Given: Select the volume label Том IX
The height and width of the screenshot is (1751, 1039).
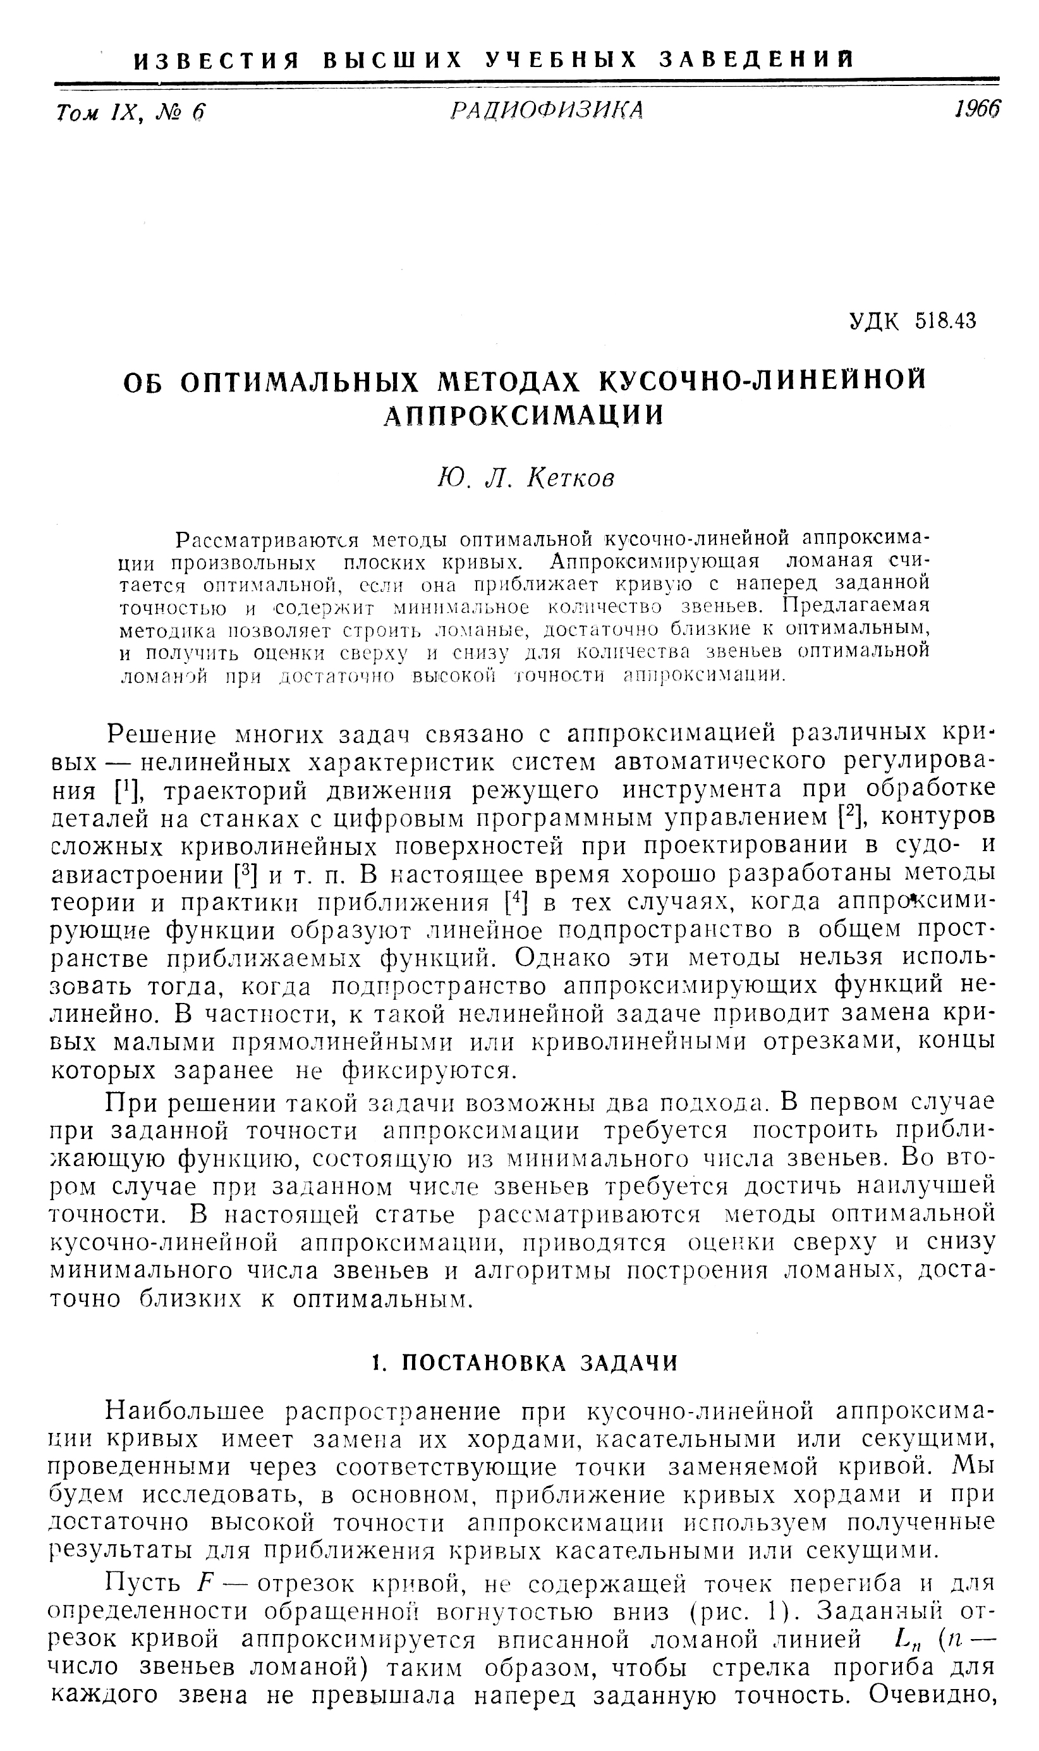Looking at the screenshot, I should tap(99, 112).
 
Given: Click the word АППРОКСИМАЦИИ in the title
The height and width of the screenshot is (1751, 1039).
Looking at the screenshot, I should tap(524, 415).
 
